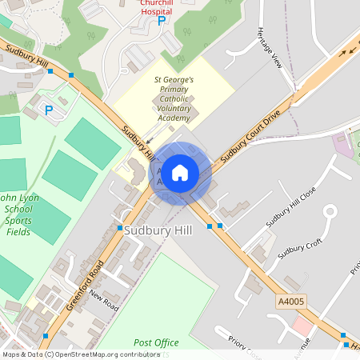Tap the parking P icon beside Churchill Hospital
pyautogui.click(x=162, y=22)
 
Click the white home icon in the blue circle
pyautogui.click(x=180, y=172)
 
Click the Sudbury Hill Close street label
pyautogui.click(x=294, y=209)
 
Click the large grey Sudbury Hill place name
pyautogui.click(x=158, y=230)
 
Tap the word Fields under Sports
pyautogui.click(x=17, y=232)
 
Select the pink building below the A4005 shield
pyautogui.click(x=302, y=326)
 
